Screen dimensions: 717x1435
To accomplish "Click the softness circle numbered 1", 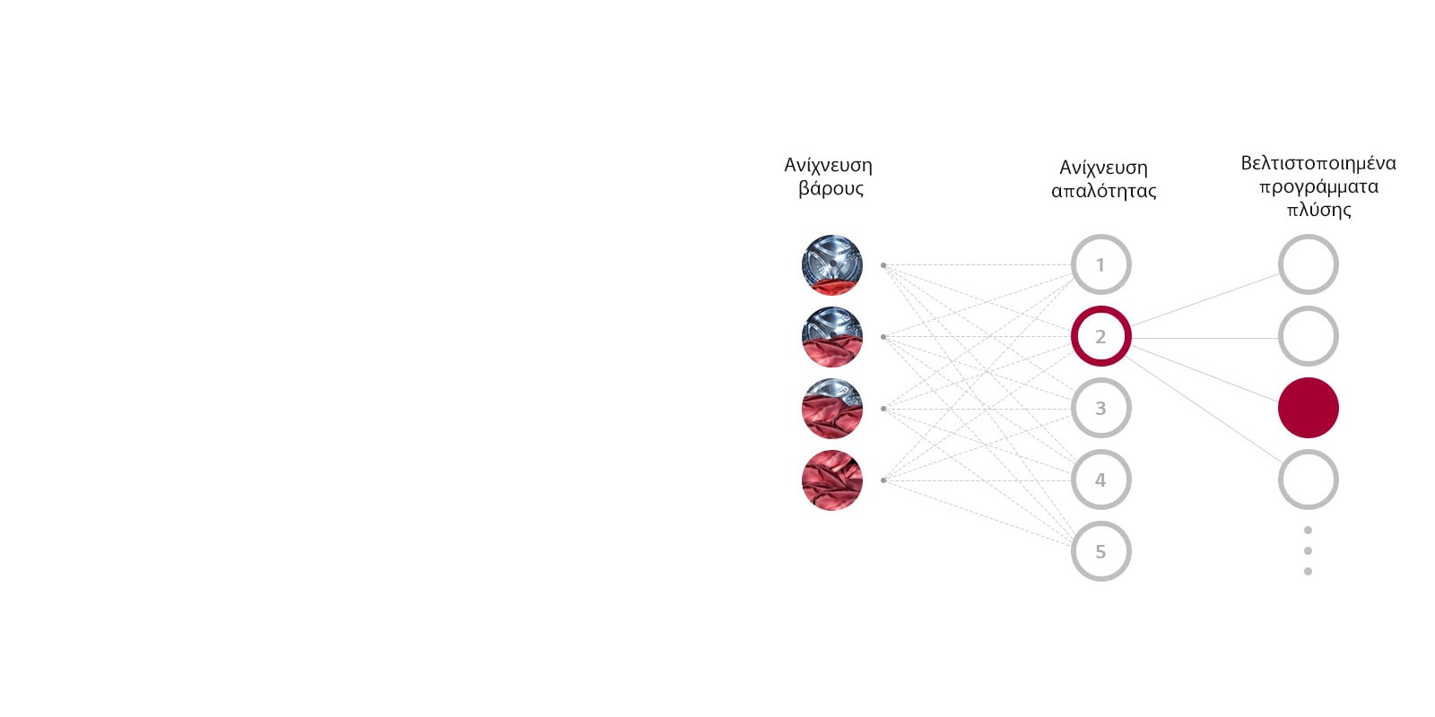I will [1100, 264].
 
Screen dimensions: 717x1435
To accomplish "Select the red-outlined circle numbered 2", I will [1100, 336].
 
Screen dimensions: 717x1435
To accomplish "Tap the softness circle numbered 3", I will [1100, 408].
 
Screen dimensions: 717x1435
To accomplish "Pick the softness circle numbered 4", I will [1100, 479].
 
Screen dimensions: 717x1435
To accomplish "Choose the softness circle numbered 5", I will [1100, 551].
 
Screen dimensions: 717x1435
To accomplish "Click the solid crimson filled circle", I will [1308, 408].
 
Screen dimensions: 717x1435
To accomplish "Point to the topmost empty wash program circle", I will [1308, 264].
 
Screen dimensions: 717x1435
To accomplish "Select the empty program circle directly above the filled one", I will [1308, 336].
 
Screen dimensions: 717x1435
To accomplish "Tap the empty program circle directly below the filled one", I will [1308, 479].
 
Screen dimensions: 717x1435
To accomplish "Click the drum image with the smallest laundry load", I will [832, 265].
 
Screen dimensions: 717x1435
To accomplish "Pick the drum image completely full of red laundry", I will [832, 480].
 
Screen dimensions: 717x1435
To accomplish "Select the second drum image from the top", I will [832, 337].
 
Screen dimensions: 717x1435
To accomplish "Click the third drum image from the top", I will [832, 409].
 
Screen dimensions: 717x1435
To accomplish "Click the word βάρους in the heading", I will [831, 189].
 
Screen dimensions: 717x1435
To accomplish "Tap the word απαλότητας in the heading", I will [1103, 191].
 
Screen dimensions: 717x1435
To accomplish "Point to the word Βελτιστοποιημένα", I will [1318, 163].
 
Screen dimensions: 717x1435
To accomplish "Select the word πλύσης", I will [1318, 210].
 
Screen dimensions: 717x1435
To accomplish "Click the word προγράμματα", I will [1318, 186].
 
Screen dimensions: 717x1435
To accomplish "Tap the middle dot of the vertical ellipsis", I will [1308, 550].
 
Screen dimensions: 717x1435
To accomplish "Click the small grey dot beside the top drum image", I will [883, 265].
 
